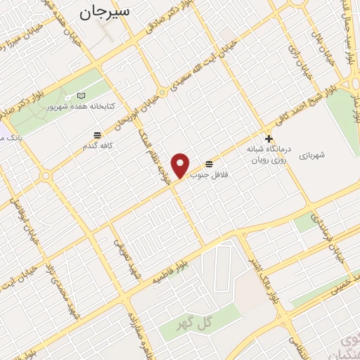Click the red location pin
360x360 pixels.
[181, 165]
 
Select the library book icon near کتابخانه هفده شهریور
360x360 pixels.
[82, 95]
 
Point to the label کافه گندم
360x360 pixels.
[97, 146]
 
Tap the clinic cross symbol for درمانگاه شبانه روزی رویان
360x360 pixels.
[268, 139]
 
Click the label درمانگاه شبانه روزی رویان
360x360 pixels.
[263, 155]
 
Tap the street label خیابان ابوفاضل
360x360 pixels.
[21, 218]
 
